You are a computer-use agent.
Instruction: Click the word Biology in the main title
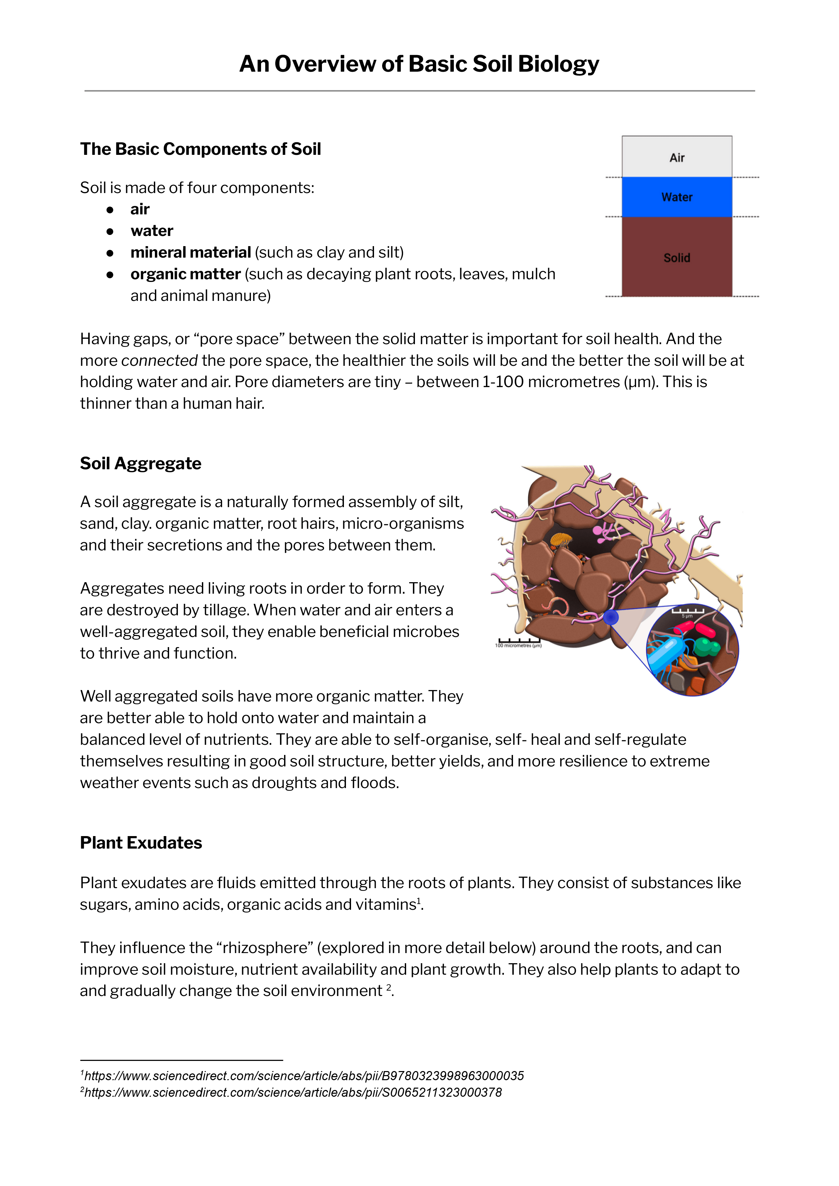(x=558, y=64)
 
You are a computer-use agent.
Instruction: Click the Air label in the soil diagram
(x=677, y=158)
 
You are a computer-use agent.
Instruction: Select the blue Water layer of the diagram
(x=677, y=197)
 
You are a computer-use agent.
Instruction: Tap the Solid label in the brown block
(x=677, y=257)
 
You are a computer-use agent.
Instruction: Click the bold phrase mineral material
(x=191, y=252)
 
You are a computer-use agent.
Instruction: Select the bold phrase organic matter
(x=185, y=274)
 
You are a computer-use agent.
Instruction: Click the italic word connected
(x=160, y=360)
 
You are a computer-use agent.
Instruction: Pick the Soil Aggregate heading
(x=141, y=464)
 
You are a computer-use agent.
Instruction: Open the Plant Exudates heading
(x=141, y=843)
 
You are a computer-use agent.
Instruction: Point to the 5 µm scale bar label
(x=687, y=616)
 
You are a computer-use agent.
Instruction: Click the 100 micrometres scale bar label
(x=518, y=646)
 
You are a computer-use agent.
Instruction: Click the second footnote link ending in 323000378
(x=293, y=1092)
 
